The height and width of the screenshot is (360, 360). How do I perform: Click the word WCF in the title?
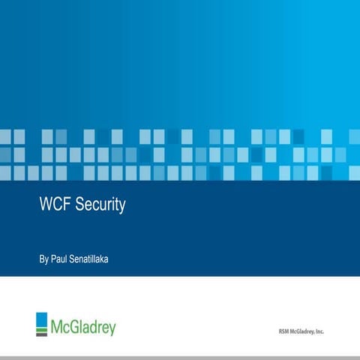[x=54, y=205]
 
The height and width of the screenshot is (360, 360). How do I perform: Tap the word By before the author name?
[x=43, y=259]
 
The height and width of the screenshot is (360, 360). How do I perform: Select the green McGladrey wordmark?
[x=83, y=327]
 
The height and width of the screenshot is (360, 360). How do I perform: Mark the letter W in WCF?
[x=46, y=205]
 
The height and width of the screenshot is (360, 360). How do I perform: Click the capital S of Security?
[x=78, y=205]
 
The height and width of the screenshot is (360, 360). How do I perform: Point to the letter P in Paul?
[x=53, y=259]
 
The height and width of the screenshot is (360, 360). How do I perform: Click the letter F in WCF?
[x=65, y=205]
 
